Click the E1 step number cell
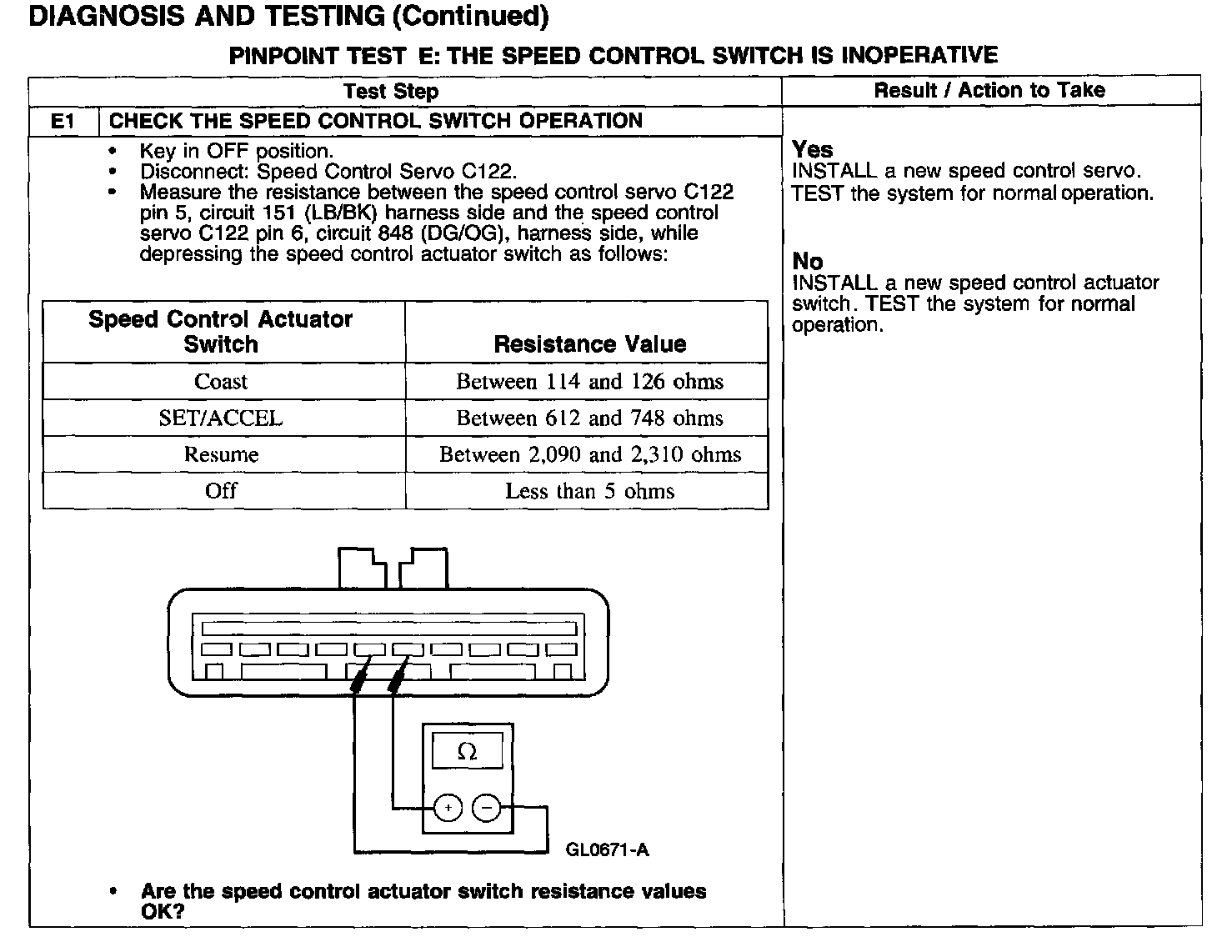(63, 121)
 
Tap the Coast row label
(221, 382)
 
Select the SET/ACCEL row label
(221, 418)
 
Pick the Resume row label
(221, 455)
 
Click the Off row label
(221, 491)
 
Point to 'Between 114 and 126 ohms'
(589, 382)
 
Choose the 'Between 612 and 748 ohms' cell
(589, 418)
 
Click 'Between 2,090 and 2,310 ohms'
(589, 455)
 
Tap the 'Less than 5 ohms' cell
(589, 491)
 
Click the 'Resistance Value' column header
(589, 344)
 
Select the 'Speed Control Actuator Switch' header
(221, 332)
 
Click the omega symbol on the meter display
(468, 752)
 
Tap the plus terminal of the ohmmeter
(448, 808)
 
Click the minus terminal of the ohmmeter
(487, 808)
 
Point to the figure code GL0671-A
(607, 850)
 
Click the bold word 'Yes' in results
(813, 150)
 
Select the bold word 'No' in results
(807, 262)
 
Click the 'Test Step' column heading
(391, 91)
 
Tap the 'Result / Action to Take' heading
(989, 90)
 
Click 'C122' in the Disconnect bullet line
(488, 172)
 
